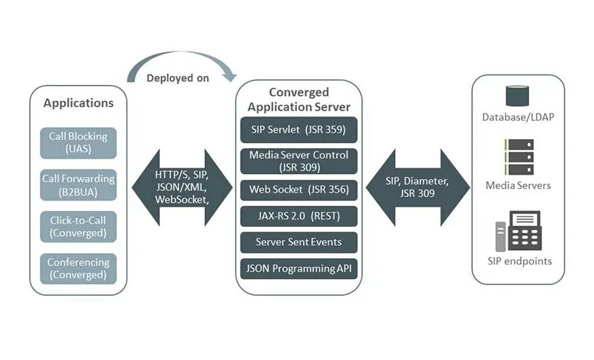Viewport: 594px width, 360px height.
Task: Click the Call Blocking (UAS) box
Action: (78, 143)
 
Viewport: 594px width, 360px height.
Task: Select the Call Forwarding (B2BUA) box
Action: (78, 184)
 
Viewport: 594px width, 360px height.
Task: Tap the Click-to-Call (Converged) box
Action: (78, 226)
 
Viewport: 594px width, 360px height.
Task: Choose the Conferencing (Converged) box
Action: (78, 268)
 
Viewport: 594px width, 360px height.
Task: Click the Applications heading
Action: (78, 103)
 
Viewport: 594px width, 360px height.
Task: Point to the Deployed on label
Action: (178, 78)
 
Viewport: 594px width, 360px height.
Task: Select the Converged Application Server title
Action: (298, 99)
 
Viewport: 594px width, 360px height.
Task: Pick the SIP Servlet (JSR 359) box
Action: (298, 129)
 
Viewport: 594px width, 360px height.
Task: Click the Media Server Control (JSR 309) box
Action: (298, 161)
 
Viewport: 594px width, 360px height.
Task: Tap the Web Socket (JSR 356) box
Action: (298, 190)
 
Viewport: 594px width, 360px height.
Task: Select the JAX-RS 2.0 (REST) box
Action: (298, 216)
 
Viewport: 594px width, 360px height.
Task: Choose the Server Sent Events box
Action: (298, 242)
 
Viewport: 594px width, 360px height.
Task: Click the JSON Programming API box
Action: (298, 268)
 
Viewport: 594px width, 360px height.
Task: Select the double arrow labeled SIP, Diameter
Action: (417, 187)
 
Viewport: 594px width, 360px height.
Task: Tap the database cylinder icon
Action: (517, 96)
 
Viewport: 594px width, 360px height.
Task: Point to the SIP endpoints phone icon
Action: (518, 230)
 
